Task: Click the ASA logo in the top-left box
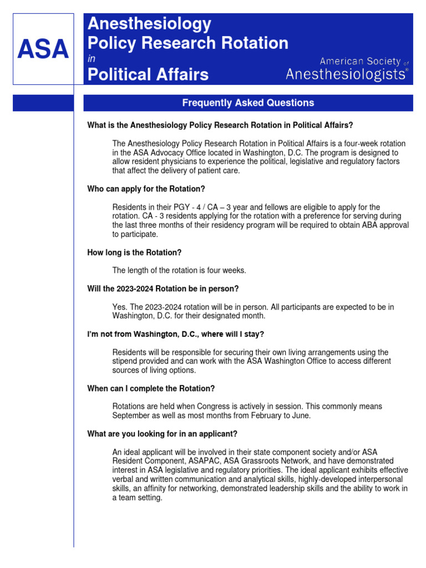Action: click(43, 49)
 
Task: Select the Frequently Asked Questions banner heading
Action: click(248, 103)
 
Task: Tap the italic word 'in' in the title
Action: click(92, 59)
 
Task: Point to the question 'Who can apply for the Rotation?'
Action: click(146, 189)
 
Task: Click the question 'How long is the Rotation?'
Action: click(134, 252)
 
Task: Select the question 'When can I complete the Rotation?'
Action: click(151, 388)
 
